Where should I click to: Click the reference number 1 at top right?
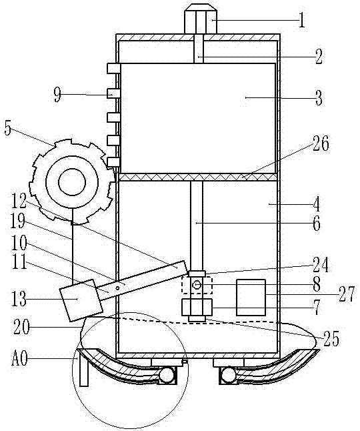(302, 20)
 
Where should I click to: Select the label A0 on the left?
(20, 359)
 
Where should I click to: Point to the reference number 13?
(19, 299)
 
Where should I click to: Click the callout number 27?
(347, 294)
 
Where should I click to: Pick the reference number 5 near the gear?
(8, 128)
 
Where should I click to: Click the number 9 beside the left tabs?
(57, 95)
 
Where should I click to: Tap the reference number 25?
(332, 339)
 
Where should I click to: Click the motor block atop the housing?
(201, 19)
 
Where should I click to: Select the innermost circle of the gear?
(72, 182)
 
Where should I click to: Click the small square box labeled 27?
(251, 297)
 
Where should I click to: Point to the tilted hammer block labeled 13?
(81, 300)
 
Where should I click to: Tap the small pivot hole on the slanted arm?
(117, 288)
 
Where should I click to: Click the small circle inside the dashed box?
(197, 285)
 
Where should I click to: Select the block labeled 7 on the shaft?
(197, 308)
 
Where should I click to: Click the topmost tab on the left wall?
(113, 69)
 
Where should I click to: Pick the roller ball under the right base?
(229, 375)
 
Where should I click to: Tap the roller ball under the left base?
(167, 375)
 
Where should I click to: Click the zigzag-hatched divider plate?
(198, 177)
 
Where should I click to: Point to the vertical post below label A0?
(83, 370)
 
